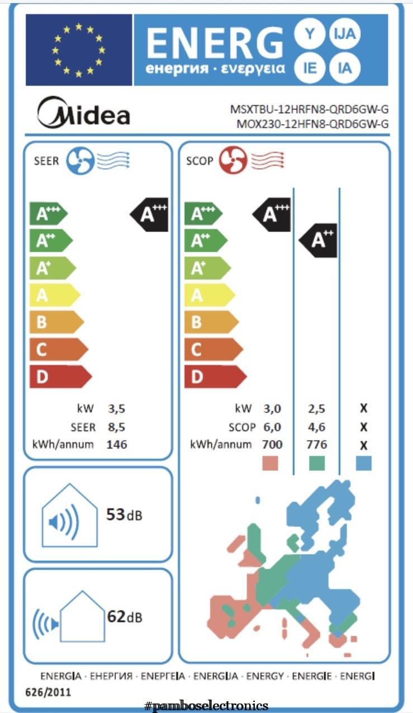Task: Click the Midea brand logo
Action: coord(83,112)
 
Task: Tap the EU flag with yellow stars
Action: coord(78,49)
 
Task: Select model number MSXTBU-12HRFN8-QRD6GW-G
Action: coord(309,110)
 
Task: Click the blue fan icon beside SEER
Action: coord(80,160)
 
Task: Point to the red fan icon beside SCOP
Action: coord(233,160)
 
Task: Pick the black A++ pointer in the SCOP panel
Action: coord(318,240)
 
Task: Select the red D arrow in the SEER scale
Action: coord(59,377)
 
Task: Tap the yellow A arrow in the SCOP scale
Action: coord(208,295)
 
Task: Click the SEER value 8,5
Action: coord(116,427)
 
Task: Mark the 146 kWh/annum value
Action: coord(117,445)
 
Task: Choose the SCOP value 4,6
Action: coord(316,427)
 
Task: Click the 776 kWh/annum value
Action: coord(316,445)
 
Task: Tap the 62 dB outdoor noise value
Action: coord(124,617)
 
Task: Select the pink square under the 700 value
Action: coord(270,463)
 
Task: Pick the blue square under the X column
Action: coord(364,463)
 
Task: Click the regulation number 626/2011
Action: coord(49,692)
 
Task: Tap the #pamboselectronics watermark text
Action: coord(206,706)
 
